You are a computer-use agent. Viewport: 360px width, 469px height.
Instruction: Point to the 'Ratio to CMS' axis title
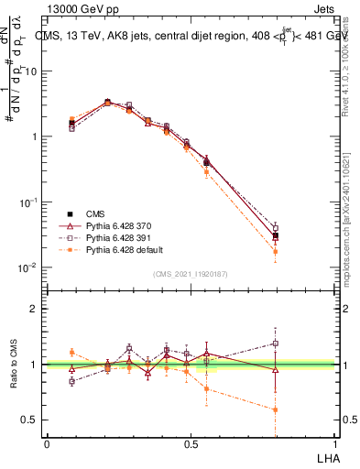point(15,365)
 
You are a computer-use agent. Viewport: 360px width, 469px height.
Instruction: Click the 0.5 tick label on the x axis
point(191,443)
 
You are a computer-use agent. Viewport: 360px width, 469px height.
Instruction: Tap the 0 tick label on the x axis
point(48,443)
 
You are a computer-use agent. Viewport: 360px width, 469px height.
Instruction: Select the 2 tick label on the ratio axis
point(33,310)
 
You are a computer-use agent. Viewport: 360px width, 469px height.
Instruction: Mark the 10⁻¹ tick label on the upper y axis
point(27,202)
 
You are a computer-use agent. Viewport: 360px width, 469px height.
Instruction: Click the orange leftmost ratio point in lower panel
point(71,352)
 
